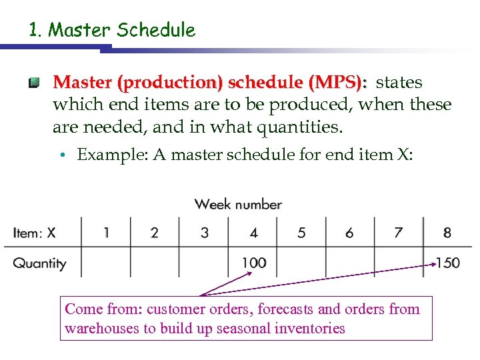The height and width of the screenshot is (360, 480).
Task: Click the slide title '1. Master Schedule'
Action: [111, 30]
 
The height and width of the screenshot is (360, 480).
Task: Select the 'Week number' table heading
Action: [238, 204]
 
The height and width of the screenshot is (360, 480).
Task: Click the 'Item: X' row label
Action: [34, 233]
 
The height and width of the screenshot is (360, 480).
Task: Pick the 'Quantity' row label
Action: [39, 263]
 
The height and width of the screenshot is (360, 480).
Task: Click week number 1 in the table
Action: [106, 233]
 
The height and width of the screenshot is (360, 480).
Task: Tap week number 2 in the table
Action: [155, 233]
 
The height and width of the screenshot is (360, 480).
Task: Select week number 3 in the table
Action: [204, 233]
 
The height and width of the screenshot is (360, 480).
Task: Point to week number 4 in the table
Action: [253, 233]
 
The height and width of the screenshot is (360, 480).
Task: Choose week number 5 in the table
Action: [301, 233]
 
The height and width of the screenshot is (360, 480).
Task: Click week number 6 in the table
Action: [349, 233]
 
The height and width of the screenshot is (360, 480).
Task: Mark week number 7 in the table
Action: [398, 233]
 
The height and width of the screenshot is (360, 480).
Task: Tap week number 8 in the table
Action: [447, 233]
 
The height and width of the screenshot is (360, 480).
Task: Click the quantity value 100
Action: [254, 263]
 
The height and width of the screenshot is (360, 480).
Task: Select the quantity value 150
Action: [448, 263]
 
